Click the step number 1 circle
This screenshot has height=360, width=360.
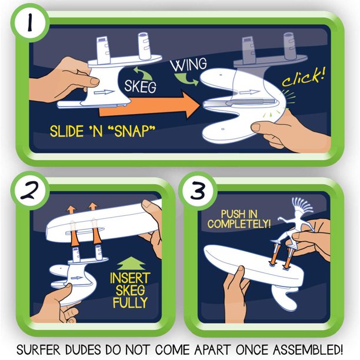tap(29, 23)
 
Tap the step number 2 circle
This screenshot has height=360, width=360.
tap(30, 191)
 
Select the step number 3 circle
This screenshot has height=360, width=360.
tap(198, 191)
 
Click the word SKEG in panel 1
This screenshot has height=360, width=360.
tap(140, 86)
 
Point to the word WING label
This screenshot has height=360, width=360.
tap(189, 65)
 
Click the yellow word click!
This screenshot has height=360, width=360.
tap(303, 76)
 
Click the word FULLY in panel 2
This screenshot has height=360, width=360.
tap(130, 302)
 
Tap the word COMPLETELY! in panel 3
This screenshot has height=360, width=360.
tap(239, 224)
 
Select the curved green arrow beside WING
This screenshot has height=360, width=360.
tap(186, 79)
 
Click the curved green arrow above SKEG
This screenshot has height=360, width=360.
tap(142, 74)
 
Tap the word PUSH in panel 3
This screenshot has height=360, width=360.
tap(229, 214)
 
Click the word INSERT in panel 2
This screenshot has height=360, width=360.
tap(130, 278)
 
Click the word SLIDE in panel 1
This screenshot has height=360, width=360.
tap(66, 132)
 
